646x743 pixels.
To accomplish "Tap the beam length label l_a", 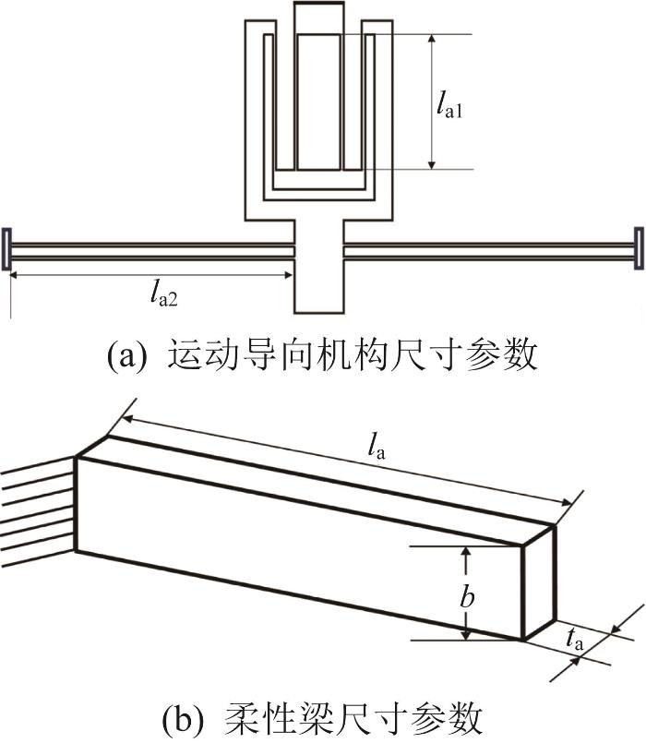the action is (x=377, y=448).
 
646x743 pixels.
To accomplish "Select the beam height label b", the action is (x=467, y=594).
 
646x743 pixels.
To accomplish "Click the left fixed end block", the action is (x=6, y=249).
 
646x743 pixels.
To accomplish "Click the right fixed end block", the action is (x=640, y=248).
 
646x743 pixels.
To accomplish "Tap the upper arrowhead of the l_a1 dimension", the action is (x=431, y=39).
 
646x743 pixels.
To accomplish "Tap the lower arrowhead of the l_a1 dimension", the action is (x=431, y=164).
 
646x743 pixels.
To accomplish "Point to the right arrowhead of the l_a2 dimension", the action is (x=288, y=275).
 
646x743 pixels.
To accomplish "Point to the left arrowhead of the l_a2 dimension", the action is (x=15, y=275).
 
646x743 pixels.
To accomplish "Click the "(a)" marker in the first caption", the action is (x=125, y=355).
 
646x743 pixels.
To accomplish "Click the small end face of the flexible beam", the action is (x=539, y=582).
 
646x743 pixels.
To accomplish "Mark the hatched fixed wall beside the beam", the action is (x=38, y=511).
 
